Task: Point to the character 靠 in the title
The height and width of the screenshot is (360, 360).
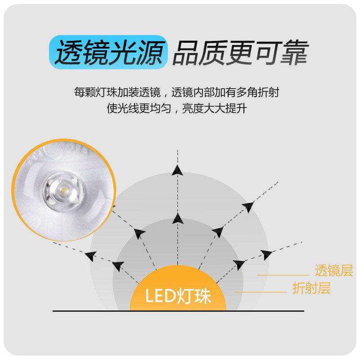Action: pos(294,53)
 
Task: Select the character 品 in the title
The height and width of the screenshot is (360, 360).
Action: pos(185,53)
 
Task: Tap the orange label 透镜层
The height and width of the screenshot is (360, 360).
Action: pos(333,271)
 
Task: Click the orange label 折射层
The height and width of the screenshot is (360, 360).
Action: pos(311,288)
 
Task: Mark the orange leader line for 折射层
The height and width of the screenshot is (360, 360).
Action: pos(261,292)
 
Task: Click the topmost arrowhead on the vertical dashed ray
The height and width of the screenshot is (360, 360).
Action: pos(178,170)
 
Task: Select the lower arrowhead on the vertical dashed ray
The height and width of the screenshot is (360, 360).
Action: pos(178,219)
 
